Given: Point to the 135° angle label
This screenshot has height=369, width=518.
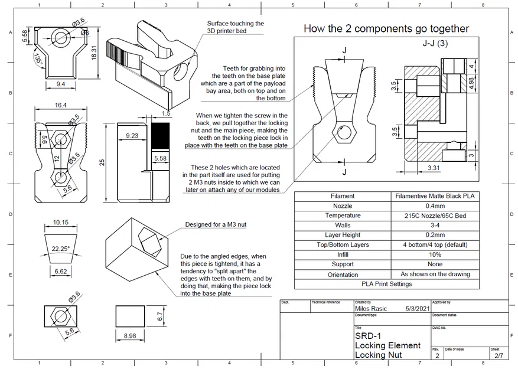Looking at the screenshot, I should [38, 60].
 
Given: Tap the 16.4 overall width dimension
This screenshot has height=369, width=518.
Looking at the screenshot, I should [60, 105].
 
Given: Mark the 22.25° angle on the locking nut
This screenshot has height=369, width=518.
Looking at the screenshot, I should [61, 248].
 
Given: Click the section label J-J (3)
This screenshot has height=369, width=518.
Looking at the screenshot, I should [435, 44].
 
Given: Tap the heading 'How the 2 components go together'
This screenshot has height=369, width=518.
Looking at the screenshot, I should [386, 28].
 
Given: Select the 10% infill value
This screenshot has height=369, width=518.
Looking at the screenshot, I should [435, 254].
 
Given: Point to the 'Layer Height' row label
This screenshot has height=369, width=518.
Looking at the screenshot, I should [343, 235].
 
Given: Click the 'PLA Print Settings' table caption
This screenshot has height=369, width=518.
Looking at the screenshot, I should [386, 283].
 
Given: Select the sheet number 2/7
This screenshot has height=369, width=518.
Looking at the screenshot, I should [499, 355].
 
